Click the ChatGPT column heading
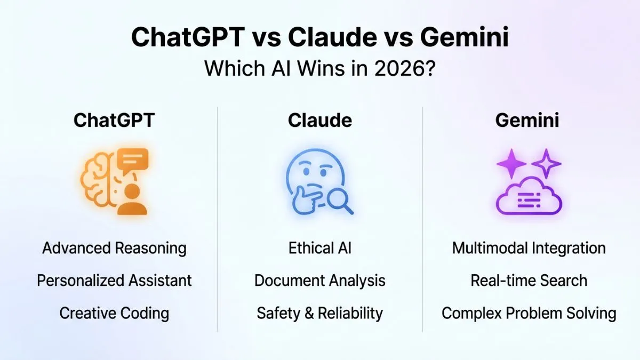click(x=114, y=120)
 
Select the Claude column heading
click(x=319, y=120)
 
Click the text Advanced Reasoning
click(x=114, y=248)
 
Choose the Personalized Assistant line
click(x=114, y=281)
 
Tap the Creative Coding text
click(x=114, y=313)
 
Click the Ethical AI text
click(x=319, y=248)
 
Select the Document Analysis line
click(x=319, y=281)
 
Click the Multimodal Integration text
click(x=529, y=248)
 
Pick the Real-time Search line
click(x=529, y=281)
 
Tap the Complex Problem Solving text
click(x=529, y=313)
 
